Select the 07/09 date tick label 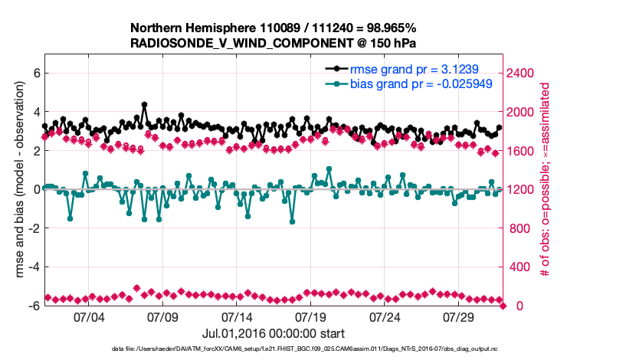click(162, 317)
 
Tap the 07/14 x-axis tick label click(237, 317)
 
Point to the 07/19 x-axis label click(311, 317)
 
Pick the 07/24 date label click(385, 317)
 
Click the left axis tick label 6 click(35, 74)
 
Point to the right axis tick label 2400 click(524, 74)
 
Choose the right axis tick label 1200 click(524, 189)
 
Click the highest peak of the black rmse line click(144, 104)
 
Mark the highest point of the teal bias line click(329, 169)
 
